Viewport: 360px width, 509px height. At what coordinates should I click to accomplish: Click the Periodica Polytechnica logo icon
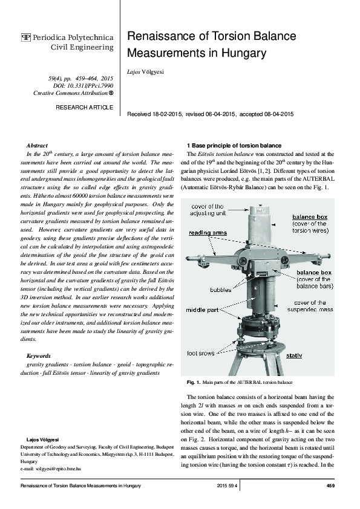coord(25,37)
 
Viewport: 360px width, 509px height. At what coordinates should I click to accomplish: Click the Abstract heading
coord(38,146)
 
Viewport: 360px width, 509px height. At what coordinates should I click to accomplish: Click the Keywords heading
coord(39,356)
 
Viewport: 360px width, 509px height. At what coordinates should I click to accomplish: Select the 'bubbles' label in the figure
coord(221,290)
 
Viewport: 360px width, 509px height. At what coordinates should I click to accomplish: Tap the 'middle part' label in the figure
coord(205,310)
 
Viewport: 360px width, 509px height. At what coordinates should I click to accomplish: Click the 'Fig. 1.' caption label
coord(194,383)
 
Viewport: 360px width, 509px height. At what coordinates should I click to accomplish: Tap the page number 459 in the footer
coord(330,485)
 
